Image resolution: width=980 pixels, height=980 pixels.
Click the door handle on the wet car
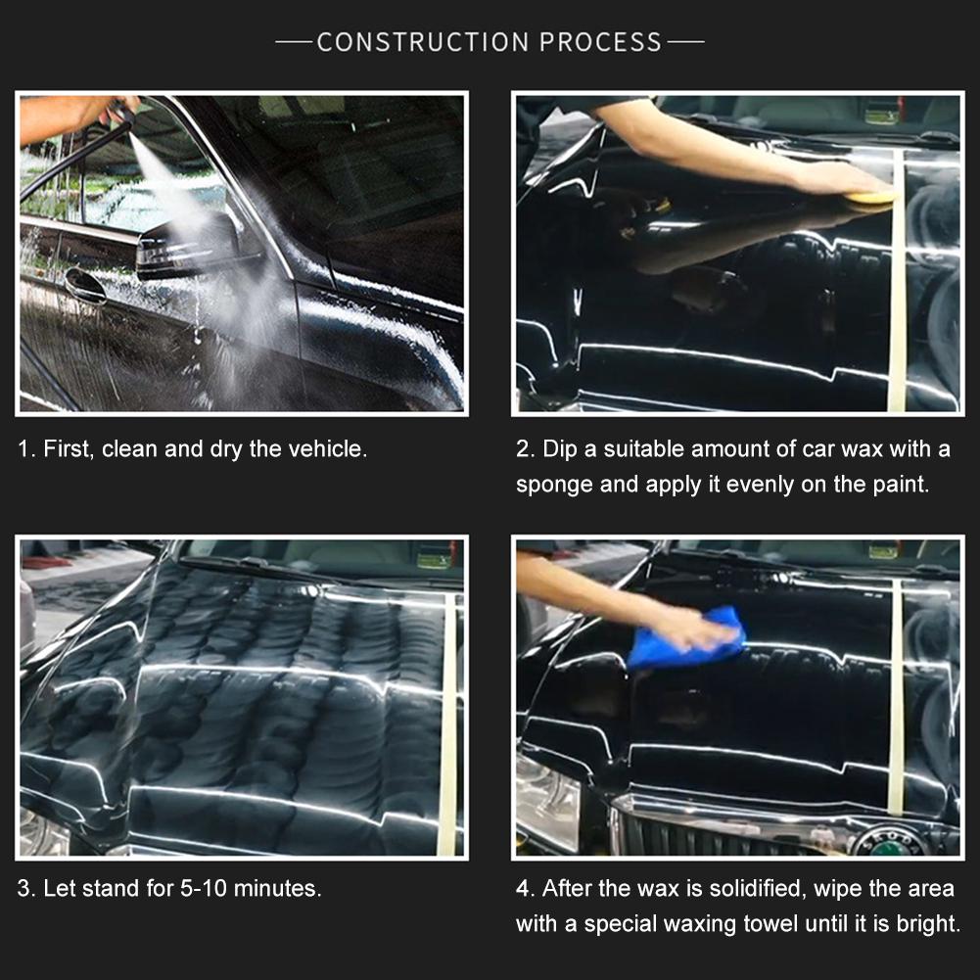coord(85,285)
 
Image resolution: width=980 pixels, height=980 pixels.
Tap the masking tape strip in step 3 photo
coord(447,715)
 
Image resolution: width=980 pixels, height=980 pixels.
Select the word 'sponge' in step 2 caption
coord(553,484)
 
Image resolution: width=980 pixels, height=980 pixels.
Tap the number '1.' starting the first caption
coord(26,449)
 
